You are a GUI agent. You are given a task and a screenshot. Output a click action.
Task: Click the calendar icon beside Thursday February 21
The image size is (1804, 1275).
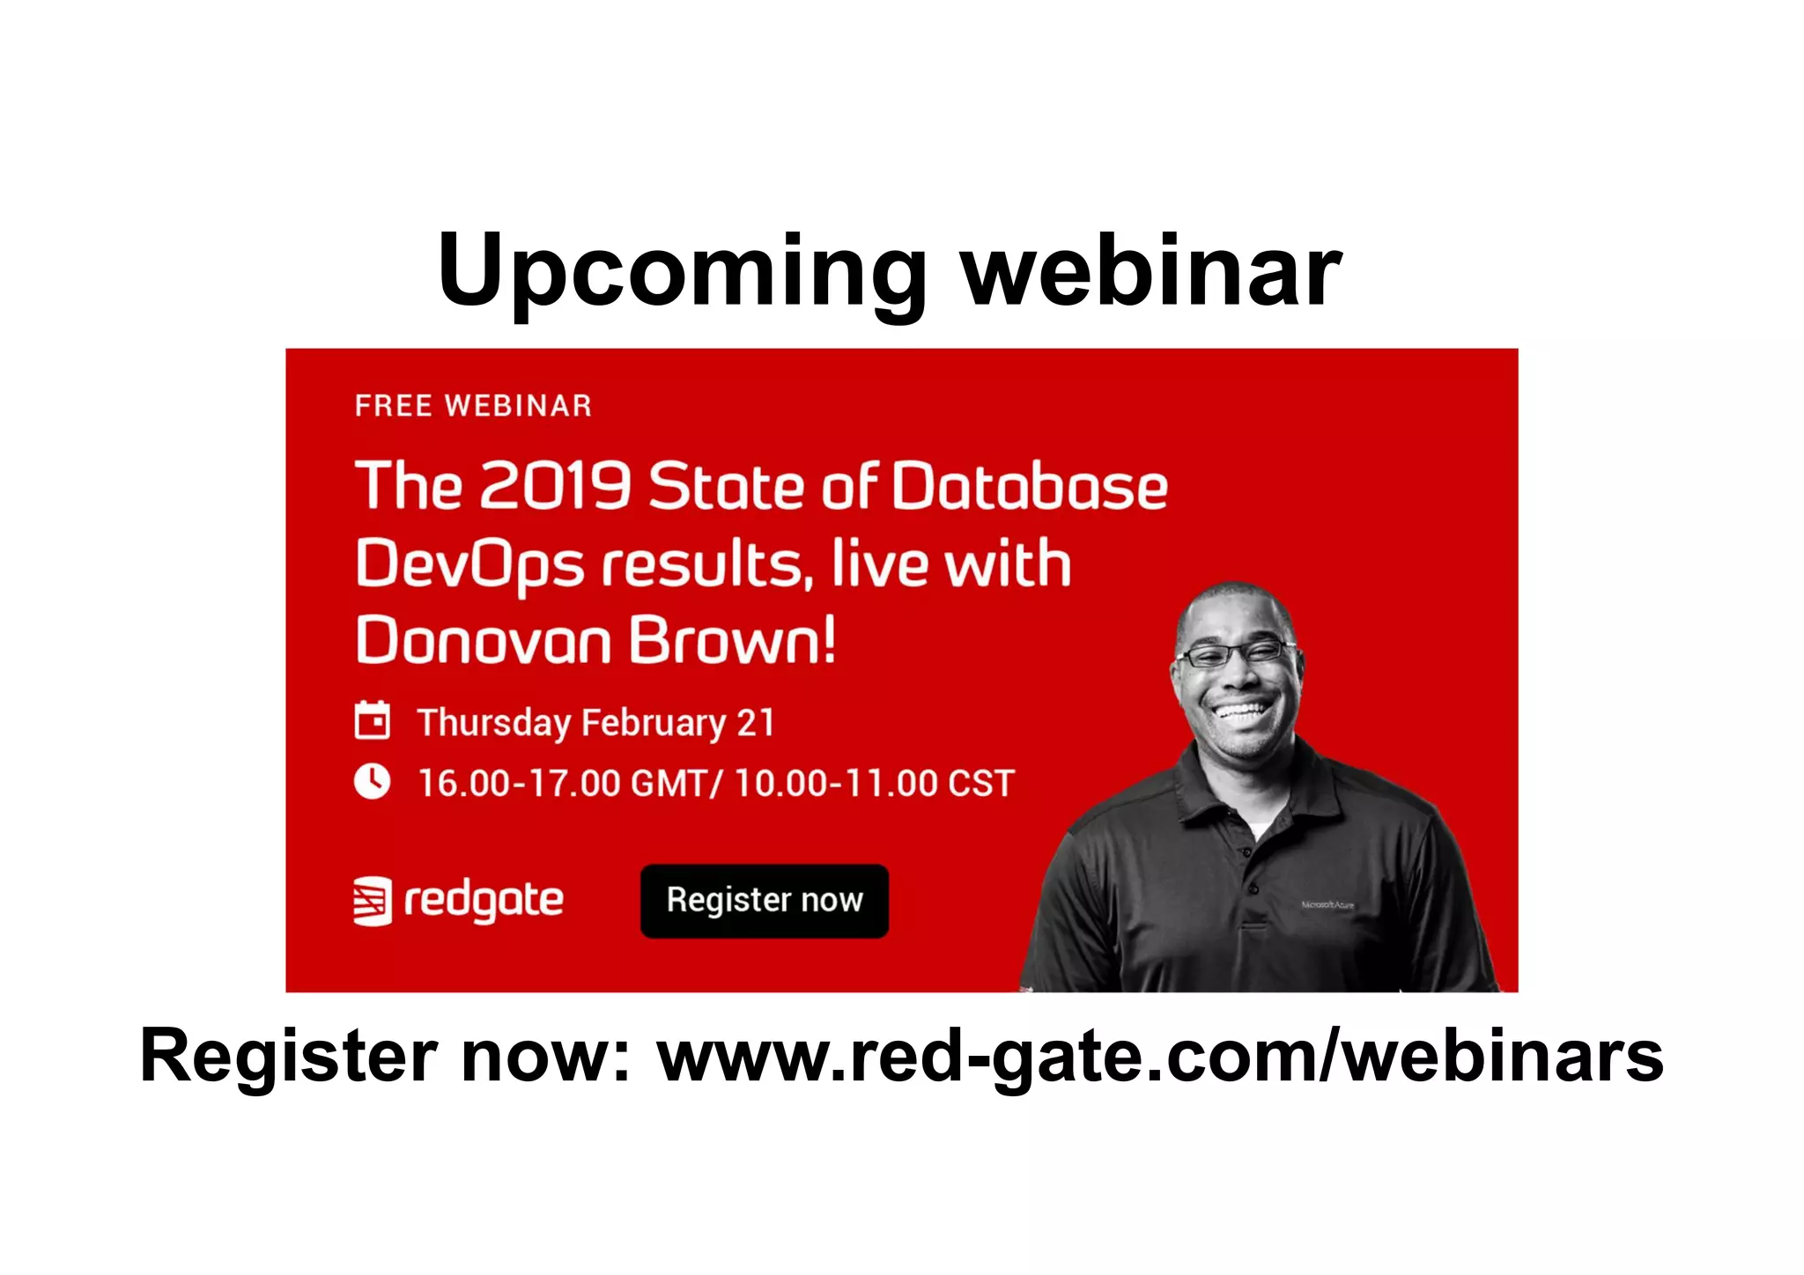372,720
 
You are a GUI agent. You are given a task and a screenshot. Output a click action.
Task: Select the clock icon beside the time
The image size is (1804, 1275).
372,781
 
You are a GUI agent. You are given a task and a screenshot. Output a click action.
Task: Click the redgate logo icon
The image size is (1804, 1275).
372,901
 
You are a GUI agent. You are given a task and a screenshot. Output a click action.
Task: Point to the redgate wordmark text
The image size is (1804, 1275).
484,901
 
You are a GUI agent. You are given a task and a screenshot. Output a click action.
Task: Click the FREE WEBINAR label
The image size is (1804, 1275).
473,406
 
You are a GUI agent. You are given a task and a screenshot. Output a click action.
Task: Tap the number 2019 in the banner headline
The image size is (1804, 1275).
555,485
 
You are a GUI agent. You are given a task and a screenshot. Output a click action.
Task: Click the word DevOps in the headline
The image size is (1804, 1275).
469,564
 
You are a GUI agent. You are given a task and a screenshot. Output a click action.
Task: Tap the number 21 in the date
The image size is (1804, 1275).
755,722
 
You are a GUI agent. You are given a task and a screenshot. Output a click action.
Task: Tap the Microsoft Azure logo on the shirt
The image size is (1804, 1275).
1327,904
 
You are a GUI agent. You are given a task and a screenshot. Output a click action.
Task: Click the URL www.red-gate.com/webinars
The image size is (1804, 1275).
1160,1056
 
